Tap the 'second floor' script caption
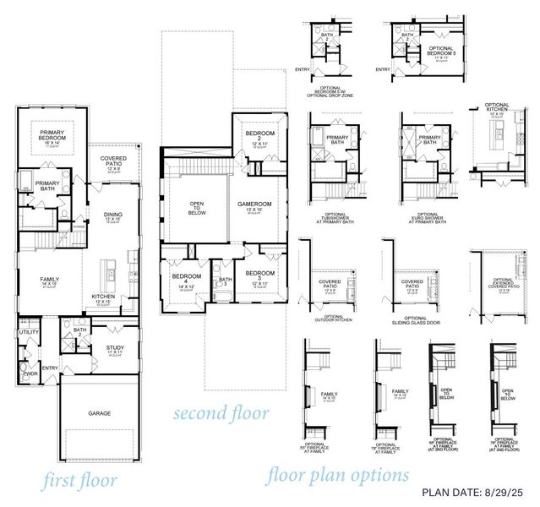coord(221,414)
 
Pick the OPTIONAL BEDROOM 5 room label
coord(440,52)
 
